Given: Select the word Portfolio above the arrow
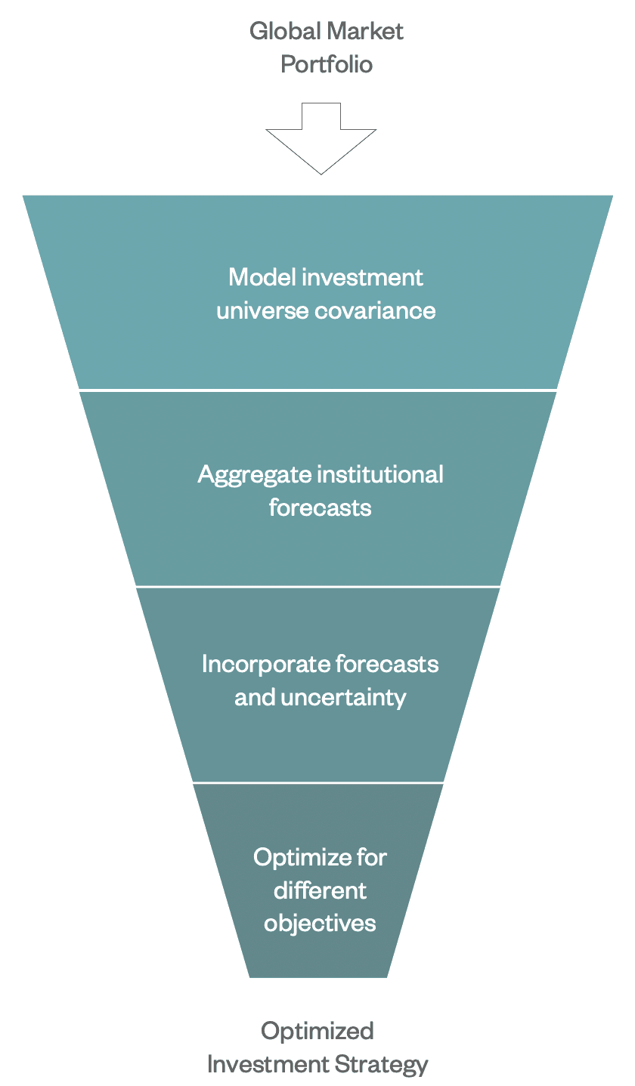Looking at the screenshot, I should point(327,65).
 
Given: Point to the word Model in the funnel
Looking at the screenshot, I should point(262,277).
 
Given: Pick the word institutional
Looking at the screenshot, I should point(379,474).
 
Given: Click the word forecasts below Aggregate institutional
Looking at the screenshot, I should point(320,507).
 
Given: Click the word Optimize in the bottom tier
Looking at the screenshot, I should point(302,857).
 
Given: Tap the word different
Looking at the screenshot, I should point(320,890).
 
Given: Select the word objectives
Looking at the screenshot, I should point(320,924).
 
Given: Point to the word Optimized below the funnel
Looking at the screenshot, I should point(317,1032).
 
